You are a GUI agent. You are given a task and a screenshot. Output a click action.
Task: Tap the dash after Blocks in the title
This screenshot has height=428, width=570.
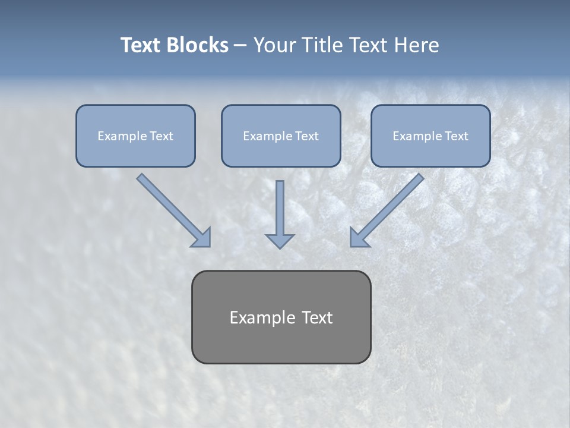(240, 45)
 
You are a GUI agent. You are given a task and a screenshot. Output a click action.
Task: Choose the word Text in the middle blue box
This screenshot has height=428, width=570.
(307, 136)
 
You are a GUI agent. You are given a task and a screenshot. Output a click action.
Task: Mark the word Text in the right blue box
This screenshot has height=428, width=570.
(457, 136)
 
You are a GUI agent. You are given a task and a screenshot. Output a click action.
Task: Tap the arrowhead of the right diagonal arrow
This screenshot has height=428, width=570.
(359, 238)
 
